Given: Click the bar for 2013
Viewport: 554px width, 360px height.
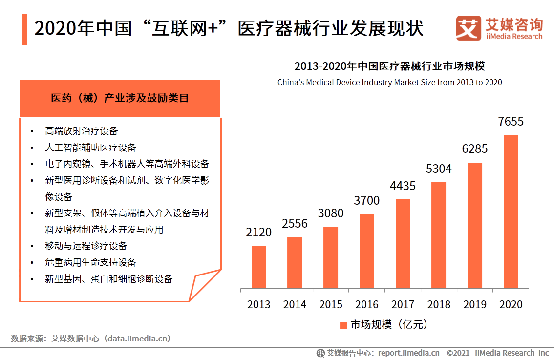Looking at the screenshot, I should [258, 267].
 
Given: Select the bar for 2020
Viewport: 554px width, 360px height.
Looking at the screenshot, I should [511, 212].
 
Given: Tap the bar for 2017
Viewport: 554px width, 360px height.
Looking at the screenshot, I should [403, 244].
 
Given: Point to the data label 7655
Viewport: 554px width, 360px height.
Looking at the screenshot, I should [511, 122].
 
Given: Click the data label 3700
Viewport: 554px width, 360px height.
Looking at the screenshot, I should [366, 201].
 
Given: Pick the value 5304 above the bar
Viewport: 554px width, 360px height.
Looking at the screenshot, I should [439, 169].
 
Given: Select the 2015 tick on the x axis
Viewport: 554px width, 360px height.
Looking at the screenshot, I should [331, 304].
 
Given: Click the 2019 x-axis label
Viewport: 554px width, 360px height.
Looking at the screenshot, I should [475, 304].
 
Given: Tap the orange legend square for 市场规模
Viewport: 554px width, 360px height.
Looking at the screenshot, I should [343, 325].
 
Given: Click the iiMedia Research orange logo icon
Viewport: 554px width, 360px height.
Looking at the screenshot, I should [469, 29].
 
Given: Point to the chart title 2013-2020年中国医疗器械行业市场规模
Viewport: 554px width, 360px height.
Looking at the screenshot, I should [389, 66].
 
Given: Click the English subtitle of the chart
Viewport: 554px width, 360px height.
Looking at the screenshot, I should [389, 82].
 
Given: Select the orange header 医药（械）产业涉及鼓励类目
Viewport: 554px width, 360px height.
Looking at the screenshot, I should [120, 98].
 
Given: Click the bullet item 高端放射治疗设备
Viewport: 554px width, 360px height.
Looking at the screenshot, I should [82, 131].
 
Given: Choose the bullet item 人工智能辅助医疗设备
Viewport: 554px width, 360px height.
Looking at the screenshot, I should [90, 148].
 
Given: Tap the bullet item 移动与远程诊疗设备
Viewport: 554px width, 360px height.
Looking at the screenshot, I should [86, 246].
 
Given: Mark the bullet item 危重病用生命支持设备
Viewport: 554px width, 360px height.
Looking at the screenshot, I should [90, 262].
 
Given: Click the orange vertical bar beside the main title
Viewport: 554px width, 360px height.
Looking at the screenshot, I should [24, 29].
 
